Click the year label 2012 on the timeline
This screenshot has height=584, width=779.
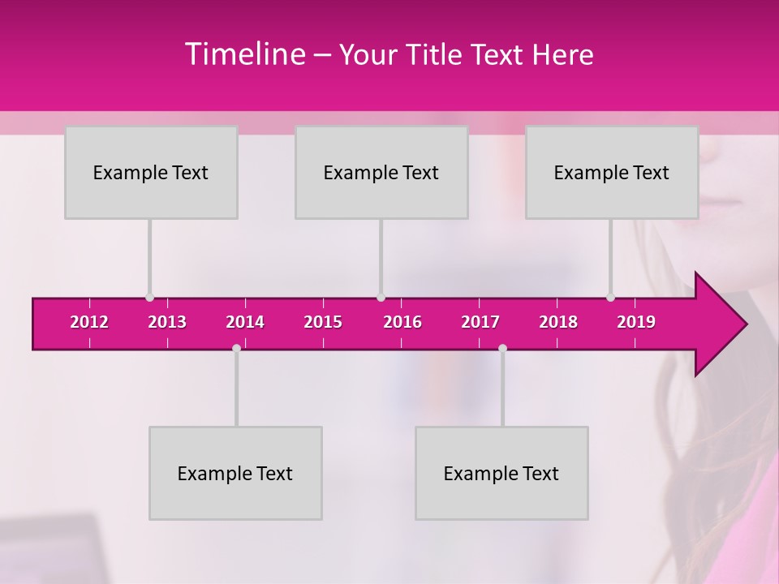(x=89, y=322)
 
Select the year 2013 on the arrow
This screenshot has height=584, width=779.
(x=167, y=322)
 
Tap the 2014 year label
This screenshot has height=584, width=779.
(x=245, y=322)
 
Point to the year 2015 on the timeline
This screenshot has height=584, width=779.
(x=323, y=322)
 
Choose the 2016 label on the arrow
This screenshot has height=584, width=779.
(x=402, y=322)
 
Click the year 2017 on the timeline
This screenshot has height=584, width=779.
(x=480, y=322)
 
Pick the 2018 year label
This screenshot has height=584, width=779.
(x=558, y=322)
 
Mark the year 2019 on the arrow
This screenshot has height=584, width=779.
(x=636, y=322)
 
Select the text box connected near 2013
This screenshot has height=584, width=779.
(x=151, y=172)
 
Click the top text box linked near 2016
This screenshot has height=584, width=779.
(x=381, y=172)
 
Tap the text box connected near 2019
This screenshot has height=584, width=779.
(x=612, y=172)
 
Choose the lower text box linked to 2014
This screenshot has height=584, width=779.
(x=235, y=473)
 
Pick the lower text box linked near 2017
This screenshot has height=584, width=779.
(x=501, y=473)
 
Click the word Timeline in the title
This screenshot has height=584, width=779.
(x=244, y=54)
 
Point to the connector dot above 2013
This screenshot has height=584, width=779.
(x=149, y=298)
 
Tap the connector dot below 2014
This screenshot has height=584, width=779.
(x=236, y=348)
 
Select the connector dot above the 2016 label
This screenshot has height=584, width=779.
(x=381, y=298)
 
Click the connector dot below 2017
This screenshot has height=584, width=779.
(x=502, y=348)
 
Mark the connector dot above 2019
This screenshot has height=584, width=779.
(x=610, y=298)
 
